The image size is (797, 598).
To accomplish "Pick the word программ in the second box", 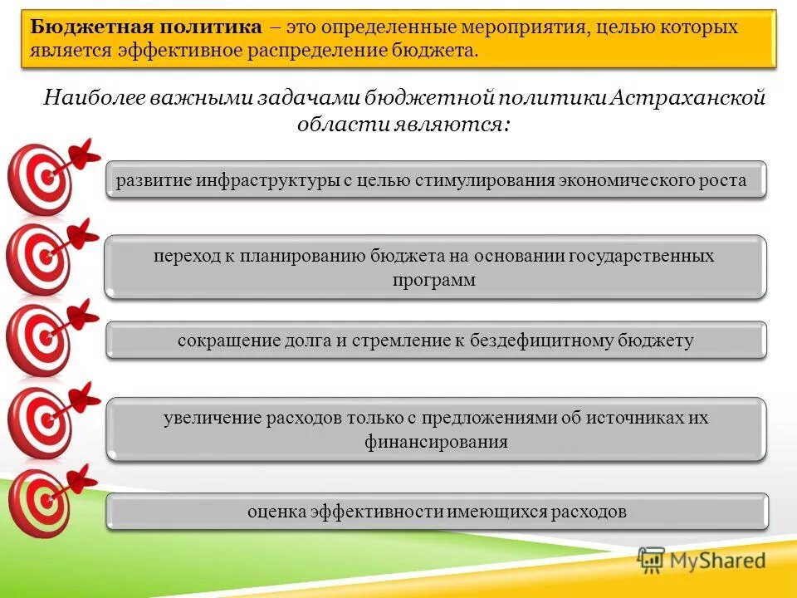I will (434, 280).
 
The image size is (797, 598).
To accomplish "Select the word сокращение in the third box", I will (218, 341).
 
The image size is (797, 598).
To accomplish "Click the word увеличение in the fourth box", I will (212, 418).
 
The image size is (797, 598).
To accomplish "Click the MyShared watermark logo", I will (702, 561).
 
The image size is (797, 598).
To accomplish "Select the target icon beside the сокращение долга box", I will (37, 339).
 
